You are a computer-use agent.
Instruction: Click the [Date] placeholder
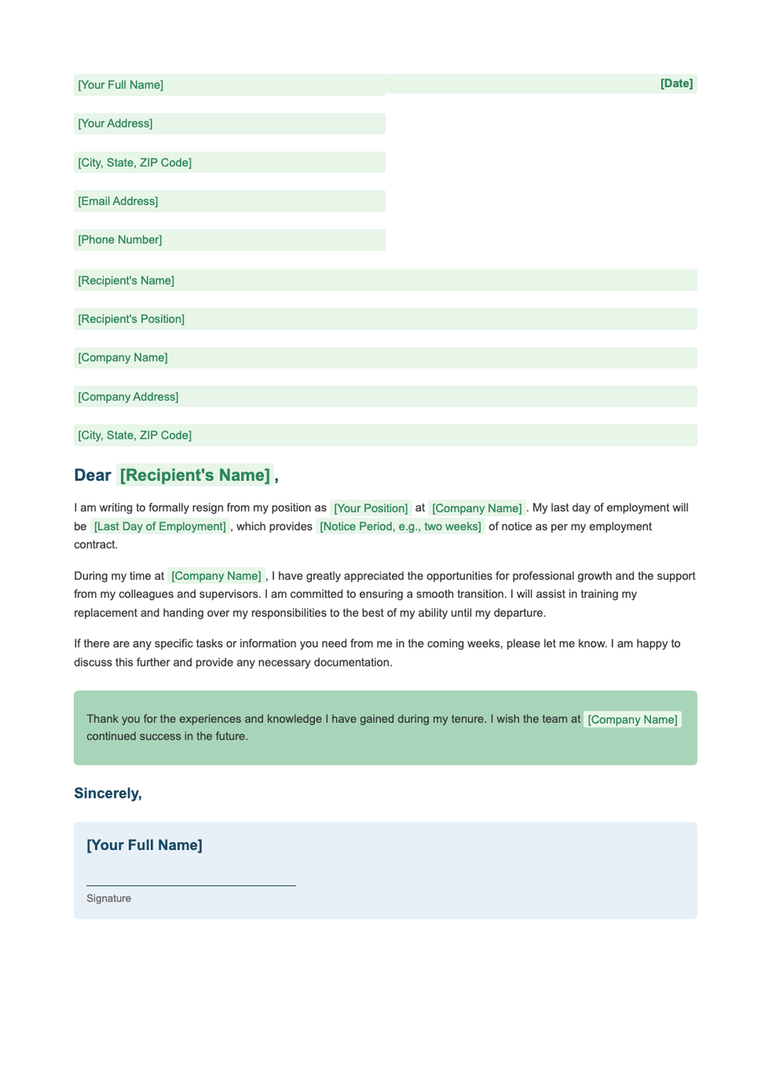tap(676, 84)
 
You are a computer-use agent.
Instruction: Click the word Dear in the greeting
tap(93, 476)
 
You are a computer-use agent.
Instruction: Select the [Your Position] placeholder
tap(371, 508)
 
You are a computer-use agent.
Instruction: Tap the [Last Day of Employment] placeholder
tap(160, 526)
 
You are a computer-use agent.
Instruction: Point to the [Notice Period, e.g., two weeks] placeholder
tap(400, 526)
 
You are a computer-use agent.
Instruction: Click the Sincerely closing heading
tap(107, 793)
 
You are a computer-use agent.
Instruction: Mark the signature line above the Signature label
tap(191, 885)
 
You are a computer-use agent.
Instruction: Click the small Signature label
tap(109, 898)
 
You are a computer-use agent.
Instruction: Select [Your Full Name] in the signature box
tap(144, 846)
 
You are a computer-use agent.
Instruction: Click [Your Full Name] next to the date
tap(120, 85)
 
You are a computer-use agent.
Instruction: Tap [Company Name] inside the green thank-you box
tap(632, 719)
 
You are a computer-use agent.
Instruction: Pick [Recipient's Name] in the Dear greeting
tap(195, 476)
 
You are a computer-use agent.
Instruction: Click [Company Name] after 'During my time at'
tap(216, 576)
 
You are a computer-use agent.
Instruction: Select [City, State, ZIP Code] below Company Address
tap(134, 436)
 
